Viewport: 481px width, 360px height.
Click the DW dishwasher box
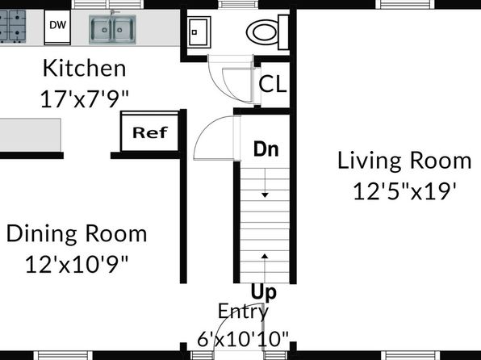(x=57, y=27)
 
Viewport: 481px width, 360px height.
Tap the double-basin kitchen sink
(x=112, y=30)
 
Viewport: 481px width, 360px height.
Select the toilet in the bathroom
(x=267, y=32)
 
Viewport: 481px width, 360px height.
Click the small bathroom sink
(x=199, y=32)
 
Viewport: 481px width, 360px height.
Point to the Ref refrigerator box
(x=150, y=132)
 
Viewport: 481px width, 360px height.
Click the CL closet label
(x=273, y=84)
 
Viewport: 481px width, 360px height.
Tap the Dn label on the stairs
(x=266, y=149)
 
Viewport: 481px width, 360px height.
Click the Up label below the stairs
(x=264, y=292)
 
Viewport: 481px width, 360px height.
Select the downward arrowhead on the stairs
(x=265, y=195)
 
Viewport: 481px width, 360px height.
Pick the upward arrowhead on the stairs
(x=265, y=256)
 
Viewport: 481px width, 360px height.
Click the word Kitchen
(x=85, y=68)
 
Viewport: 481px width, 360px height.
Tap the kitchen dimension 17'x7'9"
(x=85, y=98)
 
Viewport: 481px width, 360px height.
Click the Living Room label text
(x=404, y=161)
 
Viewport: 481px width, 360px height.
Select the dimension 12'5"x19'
(x=405, y=191)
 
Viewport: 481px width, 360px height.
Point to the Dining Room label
(x=77, y=234)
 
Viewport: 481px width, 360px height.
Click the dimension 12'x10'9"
(x=77, y=264)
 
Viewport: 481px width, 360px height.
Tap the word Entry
(x=243, y=312)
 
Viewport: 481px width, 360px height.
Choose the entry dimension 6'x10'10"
(x=243, y=339)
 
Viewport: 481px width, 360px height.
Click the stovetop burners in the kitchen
(x=12, y=26)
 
